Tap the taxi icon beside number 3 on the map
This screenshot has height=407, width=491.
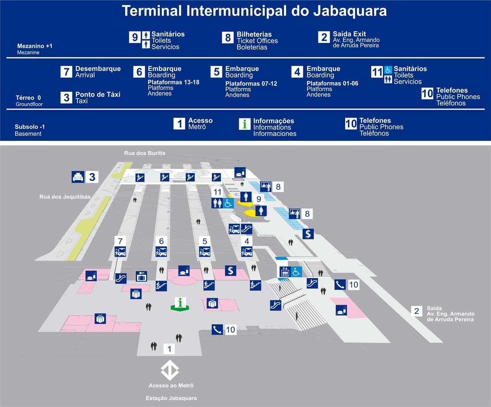78,177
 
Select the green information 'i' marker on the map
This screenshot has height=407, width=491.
180,303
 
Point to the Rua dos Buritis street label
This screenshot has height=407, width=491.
145,153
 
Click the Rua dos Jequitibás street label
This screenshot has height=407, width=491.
65,197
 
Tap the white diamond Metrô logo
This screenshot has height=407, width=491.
170,370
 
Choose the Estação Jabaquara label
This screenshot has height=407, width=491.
171,398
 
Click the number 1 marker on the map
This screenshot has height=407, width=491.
169,349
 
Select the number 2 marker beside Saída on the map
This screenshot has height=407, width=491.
417,311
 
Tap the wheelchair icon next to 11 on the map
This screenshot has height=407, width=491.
228,203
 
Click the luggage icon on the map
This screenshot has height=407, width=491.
142,276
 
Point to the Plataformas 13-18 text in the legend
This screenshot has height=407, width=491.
173,82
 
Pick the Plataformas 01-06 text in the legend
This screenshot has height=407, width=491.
332,83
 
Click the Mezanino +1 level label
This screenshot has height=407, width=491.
35,46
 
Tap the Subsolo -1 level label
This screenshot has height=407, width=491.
30,127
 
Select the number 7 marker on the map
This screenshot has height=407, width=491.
120,241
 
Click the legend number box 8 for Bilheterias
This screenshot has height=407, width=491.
228,38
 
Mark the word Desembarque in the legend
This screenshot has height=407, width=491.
98,68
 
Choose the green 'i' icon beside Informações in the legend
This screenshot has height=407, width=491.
245,124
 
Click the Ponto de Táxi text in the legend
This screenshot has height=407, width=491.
97,94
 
